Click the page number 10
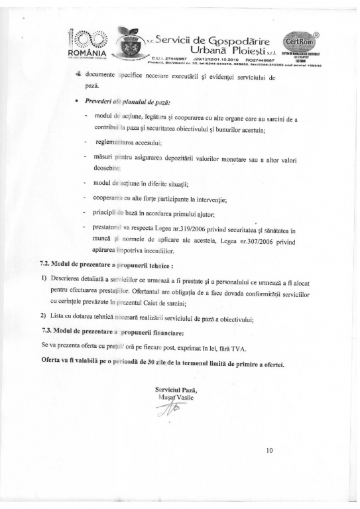pos(269,452)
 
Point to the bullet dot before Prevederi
pos(78,102)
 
